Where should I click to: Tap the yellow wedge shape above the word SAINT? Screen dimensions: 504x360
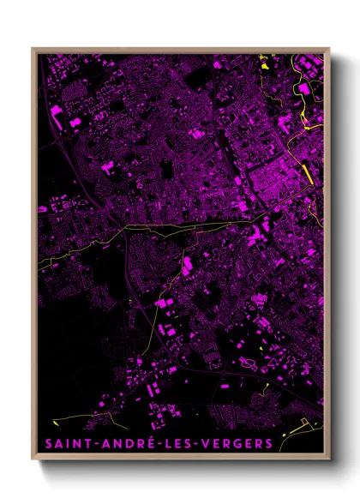(54, 422)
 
